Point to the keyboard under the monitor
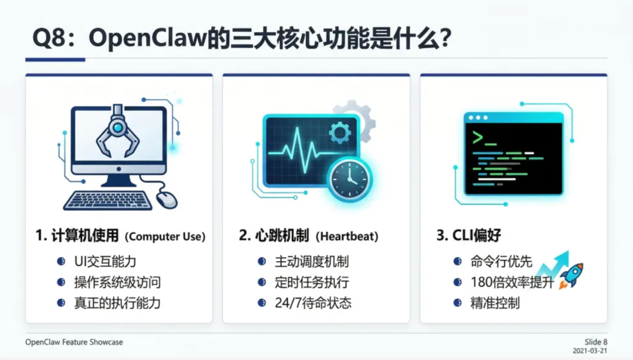107,200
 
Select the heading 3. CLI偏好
468,236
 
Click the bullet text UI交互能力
105,261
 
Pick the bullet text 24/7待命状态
313,303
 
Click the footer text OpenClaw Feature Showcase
74,342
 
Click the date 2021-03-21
590,351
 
